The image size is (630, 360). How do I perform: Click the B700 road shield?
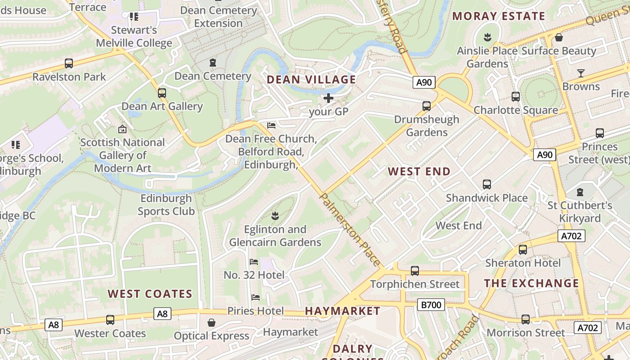tap(431, 305)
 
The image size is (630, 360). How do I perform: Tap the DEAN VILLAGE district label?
tap(311, 80)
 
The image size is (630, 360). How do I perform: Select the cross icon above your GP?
tap(328, 98)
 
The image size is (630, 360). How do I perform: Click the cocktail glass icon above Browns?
tap(581, 73)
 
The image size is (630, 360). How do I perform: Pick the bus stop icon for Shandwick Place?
tap(487, 184)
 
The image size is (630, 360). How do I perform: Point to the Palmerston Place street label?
tap(350, 229)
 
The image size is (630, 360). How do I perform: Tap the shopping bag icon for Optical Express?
tap(211, 323)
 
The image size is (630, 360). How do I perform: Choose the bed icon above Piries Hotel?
tap(255, 297)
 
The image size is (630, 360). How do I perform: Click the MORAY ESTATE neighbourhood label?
tap(499, 16)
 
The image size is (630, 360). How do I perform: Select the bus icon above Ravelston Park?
tap(69, 63)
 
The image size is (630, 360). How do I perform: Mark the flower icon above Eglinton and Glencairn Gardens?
tap(275, 216)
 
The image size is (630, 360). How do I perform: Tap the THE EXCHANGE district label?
tap(531, 283)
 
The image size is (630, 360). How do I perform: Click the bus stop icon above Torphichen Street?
tap(415, 271)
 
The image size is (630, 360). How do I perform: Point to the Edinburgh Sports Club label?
tap(166, 205)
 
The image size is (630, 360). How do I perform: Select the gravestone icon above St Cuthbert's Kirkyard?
tap(580, 192)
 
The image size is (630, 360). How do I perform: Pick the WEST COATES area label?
tap(150, 294)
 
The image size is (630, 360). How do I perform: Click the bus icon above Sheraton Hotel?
tap(523, 250)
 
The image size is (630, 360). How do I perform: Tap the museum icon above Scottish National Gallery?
tap(122, 129)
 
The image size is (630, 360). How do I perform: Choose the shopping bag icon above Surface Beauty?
tap(559, 37)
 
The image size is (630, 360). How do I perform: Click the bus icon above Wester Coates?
tap(110, 320)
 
